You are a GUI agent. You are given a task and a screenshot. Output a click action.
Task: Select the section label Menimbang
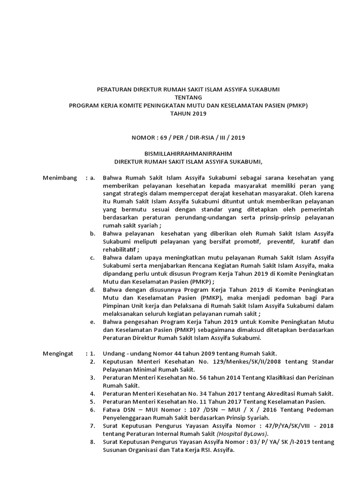pyautogui.click(x=60, y=178)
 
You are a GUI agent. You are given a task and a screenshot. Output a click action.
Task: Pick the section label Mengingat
pyautogui.click(x=59, y=352)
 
